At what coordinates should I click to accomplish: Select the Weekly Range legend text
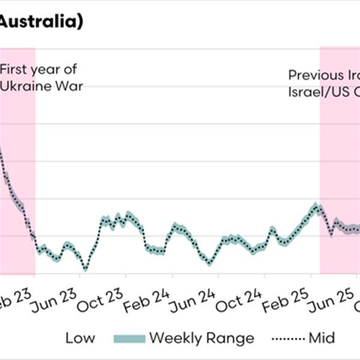(202, 338)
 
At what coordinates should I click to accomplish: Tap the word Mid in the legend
(322, 338)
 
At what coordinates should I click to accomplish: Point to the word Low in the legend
(80, 338)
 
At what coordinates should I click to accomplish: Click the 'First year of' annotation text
(38, 69)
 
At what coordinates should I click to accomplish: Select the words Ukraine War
(41, 86)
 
